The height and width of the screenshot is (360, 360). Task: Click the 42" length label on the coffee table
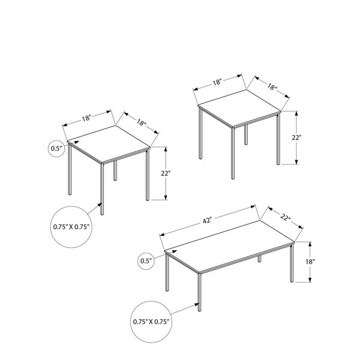[x=206, y=221]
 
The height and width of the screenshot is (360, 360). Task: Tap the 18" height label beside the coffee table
[x=310, y=262]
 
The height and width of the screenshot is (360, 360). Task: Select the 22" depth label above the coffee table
[x=285, y=217]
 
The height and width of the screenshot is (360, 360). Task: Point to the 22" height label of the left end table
[x=166, y=173]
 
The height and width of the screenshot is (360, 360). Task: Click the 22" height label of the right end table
[x=296, y=138]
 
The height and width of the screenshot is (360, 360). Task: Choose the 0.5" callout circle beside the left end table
[x=56, y=149]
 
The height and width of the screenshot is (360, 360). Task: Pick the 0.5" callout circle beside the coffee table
[x=146, y=261]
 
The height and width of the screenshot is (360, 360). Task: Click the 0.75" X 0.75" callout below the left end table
[x=71, y=227]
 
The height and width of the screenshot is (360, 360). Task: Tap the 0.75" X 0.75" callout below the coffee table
[x=151, y=322]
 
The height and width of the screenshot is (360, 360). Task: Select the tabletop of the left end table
[x=109, y=144]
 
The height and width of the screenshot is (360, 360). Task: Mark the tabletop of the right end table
[x=239, y=108]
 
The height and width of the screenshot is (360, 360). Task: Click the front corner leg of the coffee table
[x=199, y=292]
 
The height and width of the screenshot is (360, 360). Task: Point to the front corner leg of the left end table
[x=102, y=189]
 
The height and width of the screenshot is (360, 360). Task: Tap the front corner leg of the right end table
[x=233, y=153]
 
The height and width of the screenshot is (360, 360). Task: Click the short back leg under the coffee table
[x=259, y=259]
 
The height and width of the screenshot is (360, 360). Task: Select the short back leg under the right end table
[x=246, y=134]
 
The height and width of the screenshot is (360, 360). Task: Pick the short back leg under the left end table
[x=115, y=170]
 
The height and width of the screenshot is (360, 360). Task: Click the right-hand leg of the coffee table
[x=292, y=263]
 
